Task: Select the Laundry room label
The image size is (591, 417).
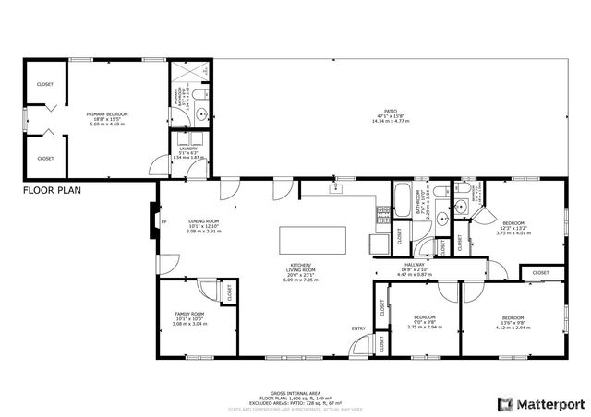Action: pyautogui.click(x=187, y=152)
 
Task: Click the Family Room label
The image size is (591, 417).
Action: pyautogui.click(x=189, y=318)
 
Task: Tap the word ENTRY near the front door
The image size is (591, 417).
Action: pyautogui.click(x=358, y=328)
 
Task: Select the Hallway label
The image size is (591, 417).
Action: pyautogui.click(x=414, y=268)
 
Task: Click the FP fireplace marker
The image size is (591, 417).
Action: pyautogui.click(x=164, y=222)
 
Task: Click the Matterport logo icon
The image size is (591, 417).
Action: pyautogui.click(x=503, y=404)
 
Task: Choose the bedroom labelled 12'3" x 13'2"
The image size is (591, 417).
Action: pyautogui.click(x=513, y=227)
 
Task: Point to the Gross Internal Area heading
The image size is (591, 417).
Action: pyautogui.click(x=295, y=391)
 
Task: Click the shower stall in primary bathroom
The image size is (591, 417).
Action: pyautogui.click(x=190, y=74)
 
